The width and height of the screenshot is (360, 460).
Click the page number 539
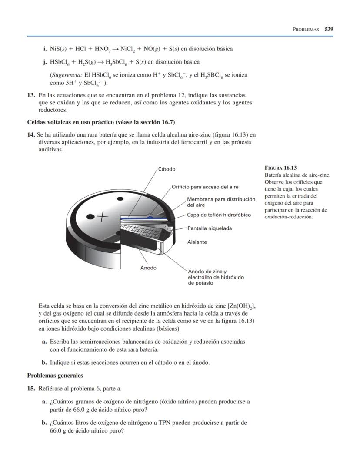pos(329,29)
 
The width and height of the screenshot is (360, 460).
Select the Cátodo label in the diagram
pos(167,169)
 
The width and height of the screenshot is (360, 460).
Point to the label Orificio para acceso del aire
pos(205,187)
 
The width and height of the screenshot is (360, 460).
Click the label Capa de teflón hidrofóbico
pos(219,215)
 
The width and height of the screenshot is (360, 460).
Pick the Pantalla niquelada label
pos(210,228)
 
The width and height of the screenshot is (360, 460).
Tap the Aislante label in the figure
pos(197,242)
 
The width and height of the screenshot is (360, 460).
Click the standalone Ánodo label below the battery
pos(148,268)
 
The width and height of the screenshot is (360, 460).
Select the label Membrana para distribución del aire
pos(221,201)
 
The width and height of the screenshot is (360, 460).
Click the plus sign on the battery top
pos(103,216)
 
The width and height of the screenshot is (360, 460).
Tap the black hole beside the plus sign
pos(90,217)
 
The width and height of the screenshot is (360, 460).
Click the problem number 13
pos(31,95)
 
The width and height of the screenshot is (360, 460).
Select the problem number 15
pos(31,389)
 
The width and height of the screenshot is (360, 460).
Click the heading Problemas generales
pos(55,376)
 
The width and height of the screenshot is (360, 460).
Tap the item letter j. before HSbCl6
pos(45,62)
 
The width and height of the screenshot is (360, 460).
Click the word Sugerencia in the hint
pos(66,75)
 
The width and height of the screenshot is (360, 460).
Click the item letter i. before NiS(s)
pos(45,49)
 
